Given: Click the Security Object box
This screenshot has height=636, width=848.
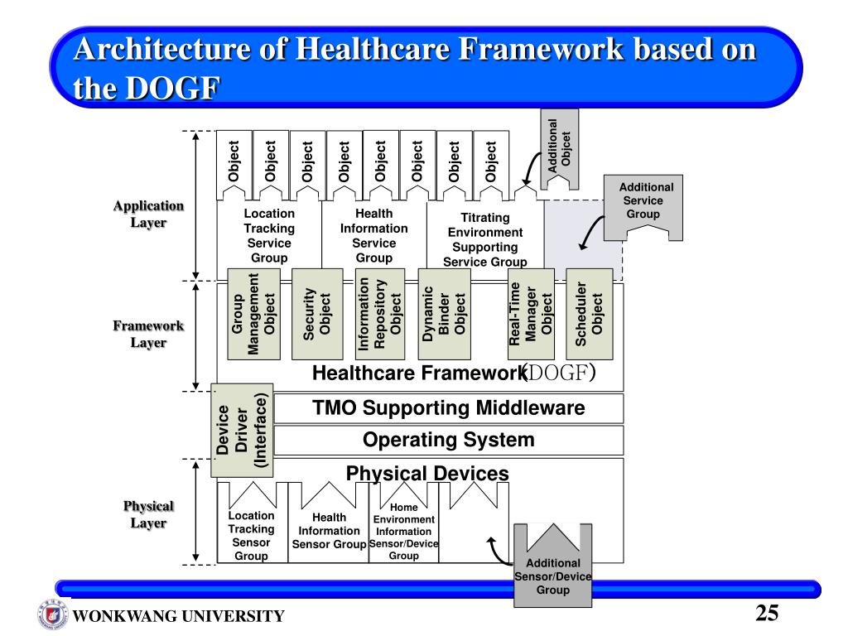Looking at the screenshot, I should [x=317, y=314].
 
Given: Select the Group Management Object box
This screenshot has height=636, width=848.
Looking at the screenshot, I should [x=250, y=314].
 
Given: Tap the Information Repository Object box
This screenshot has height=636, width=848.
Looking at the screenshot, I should [x=379, y=314].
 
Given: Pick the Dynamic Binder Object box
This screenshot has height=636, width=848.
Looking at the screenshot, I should [x=444, y=314].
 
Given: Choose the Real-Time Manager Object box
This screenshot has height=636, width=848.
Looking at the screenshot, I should [x=531, y=314].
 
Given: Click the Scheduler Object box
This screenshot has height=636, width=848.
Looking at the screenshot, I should [x=589, y=314].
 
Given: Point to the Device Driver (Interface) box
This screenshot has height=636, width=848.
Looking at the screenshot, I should [x=242, y=431].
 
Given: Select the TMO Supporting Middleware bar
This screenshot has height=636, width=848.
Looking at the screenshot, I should [x=448, y=408].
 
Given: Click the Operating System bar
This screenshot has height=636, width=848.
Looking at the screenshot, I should [x=448, y=440].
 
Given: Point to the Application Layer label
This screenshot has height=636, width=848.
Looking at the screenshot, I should [x=148, y=214].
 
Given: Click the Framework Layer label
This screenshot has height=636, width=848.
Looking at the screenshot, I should [x=148, y=334].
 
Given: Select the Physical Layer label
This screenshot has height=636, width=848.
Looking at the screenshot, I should [x=148, y=514].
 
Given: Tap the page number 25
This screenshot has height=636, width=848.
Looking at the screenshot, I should [x=767, y=614].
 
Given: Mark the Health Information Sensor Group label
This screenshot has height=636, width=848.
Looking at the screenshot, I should [x=329, y=531].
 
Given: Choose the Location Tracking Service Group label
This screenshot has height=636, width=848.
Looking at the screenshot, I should [x=268, y=235].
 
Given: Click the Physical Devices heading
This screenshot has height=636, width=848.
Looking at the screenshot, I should [x=427, y=473].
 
